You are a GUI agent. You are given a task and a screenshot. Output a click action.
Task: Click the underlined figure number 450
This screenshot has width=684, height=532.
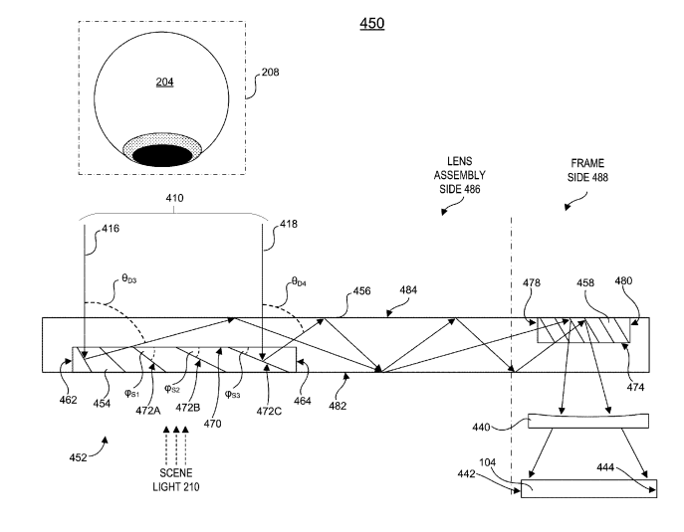[371, 23]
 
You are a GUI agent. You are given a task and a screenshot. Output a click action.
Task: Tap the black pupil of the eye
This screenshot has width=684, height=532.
[161, 155]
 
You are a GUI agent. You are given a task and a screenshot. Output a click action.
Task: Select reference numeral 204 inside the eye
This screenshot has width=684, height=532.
[164, 82]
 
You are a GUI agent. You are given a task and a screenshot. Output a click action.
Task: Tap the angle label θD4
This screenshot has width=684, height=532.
[299, 284]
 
